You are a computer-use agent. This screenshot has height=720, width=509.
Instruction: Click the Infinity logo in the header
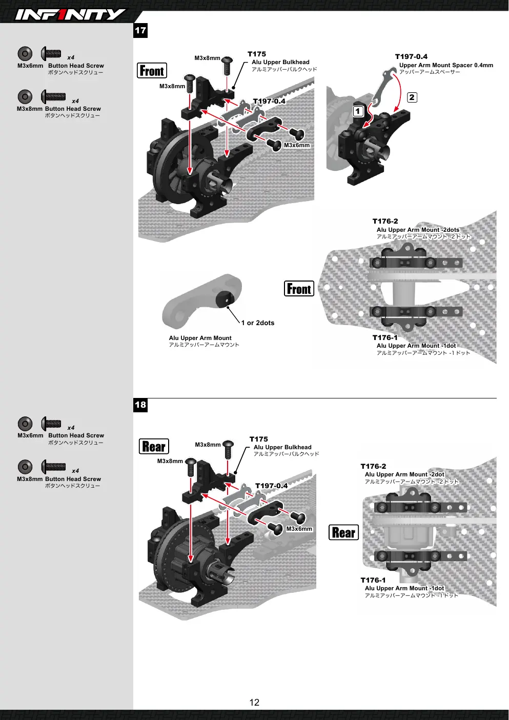[x=70, y=14]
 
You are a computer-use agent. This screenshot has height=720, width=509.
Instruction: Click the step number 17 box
[x=140, y=31]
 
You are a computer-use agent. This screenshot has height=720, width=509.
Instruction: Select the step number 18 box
[x=140, y=405]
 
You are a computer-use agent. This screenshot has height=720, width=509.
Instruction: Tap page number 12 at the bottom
[x=254, y=703]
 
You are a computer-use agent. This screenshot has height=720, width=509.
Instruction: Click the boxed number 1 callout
[x=358, y=111]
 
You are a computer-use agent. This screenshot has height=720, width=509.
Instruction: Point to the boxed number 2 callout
[x=412, y=97]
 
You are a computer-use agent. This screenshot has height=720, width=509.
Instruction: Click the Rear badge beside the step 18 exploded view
[x=154, y=447]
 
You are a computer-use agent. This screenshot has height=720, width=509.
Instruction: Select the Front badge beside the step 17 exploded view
[x=152, y=71]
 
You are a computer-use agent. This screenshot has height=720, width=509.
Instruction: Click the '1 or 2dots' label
[x=258, y=323]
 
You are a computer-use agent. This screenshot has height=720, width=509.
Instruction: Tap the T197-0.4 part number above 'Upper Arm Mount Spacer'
[x=411, y=56]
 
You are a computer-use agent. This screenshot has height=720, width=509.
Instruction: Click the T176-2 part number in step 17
[x=385, y=221]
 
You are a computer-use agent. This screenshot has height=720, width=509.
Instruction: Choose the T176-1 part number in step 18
[x=373, y=580]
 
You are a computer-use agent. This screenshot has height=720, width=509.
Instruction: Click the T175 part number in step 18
[x=259, y=439]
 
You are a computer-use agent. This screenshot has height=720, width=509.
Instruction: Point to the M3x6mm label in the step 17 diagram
[x=297, y=145]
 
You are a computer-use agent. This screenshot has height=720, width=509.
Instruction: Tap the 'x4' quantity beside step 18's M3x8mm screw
[x=75, y=471]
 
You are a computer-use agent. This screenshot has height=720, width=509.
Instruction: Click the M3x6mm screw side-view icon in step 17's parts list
[x=51, y=54]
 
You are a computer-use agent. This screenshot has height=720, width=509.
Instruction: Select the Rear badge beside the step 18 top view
[x=343, y=533]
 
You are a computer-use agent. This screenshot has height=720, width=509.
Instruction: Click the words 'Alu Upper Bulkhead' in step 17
[x=280, y=62]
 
